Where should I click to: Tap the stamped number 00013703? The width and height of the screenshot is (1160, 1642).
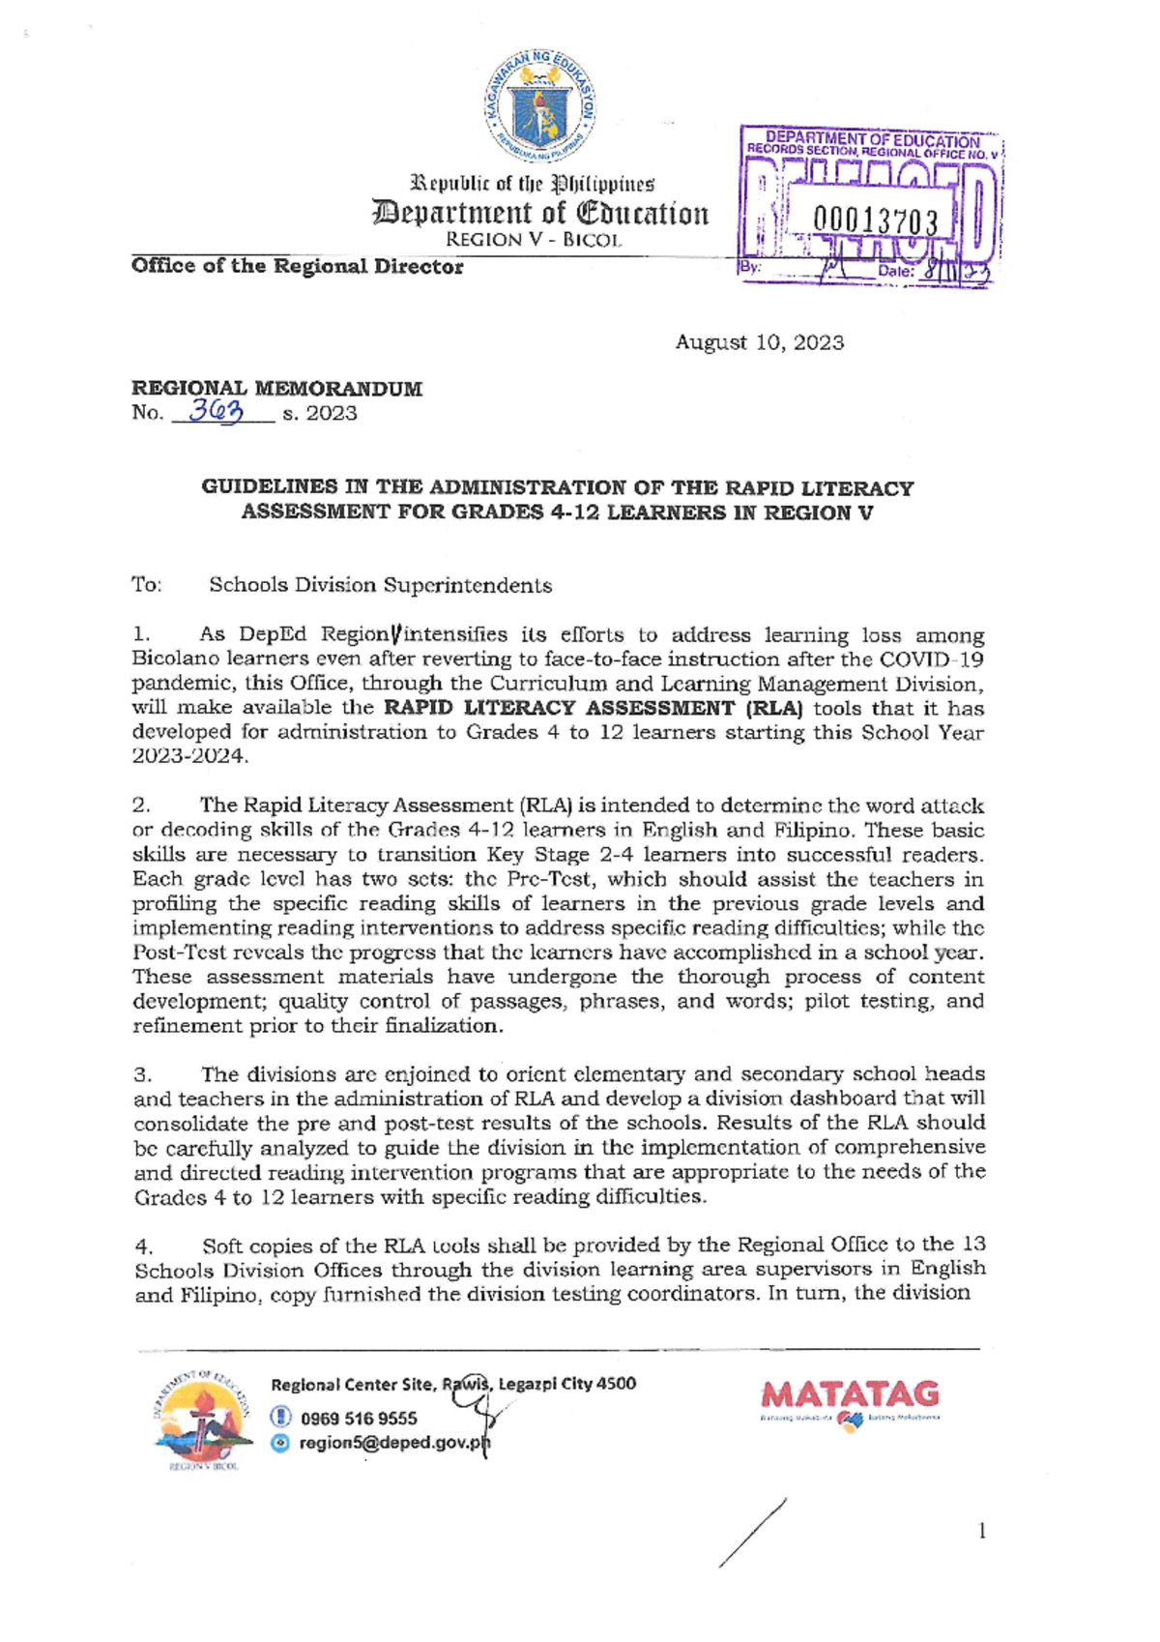pyautogui.click(x=875, y=222)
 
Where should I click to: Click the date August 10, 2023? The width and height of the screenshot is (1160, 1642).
pyautogui.click(x=759, y=342)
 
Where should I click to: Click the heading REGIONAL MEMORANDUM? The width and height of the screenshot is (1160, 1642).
pyautogui.click(x=276, y=389)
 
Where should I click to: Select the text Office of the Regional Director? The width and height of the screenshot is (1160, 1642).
pyautogui.click(x=297, y=267)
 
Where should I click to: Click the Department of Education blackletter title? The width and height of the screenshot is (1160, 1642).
pyautogui.click(x=539, y=213)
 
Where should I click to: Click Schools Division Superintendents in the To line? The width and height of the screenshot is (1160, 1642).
pyautogui.click(x=380, y=585)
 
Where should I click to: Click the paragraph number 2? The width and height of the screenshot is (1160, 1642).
pyautogui.click(x=140, y=806)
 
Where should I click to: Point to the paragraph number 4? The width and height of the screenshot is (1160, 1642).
pyautogui.click(x=143, y=1246)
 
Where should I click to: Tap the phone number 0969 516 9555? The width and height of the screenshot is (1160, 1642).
pyautogui.click(x=359, y=1419)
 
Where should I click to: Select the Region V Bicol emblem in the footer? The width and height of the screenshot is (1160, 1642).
pyautogui.click(x=201, y=1420)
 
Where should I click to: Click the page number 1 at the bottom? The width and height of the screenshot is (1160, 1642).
pyautogui.click(x=982, y=1531)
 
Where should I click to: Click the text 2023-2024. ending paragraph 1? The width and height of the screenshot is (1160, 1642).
pyautogui.click(x=189, y=756)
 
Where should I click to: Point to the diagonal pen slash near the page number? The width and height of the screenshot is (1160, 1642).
pyautogui.click(x=752, y=1533)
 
